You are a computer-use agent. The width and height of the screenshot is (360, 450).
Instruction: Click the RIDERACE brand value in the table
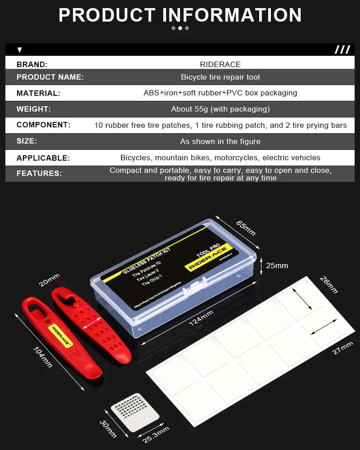point(220,64)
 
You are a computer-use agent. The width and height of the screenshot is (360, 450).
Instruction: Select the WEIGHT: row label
point(34,109)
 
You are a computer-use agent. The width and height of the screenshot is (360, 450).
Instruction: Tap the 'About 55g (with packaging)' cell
point(220,109)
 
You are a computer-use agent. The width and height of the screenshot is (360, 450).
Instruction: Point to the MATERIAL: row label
point(38,94)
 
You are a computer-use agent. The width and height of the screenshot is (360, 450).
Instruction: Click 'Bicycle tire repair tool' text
point(220,77)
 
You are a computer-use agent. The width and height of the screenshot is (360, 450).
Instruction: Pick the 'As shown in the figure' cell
point(220,141)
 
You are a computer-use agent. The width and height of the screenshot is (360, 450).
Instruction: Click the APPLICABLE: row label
point(43,158)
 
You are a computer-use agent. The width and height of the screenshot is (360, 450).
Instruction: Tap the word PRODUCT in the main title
point(108,15)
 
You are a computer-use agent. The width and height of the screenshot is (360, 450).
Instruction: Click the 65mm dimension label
point(246,228)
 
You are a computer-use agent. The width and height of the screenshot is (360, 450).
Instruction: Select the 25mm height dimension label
point(277,265)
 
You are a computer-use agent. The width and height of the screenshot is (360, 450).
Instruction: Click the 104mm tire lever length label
point(43,357)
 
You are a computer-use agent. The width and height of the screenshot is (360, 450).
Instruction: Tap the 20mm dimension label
point(49,280)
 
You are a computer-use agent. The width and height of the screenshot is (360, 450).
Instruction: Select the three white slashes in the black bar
point(342,49)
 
